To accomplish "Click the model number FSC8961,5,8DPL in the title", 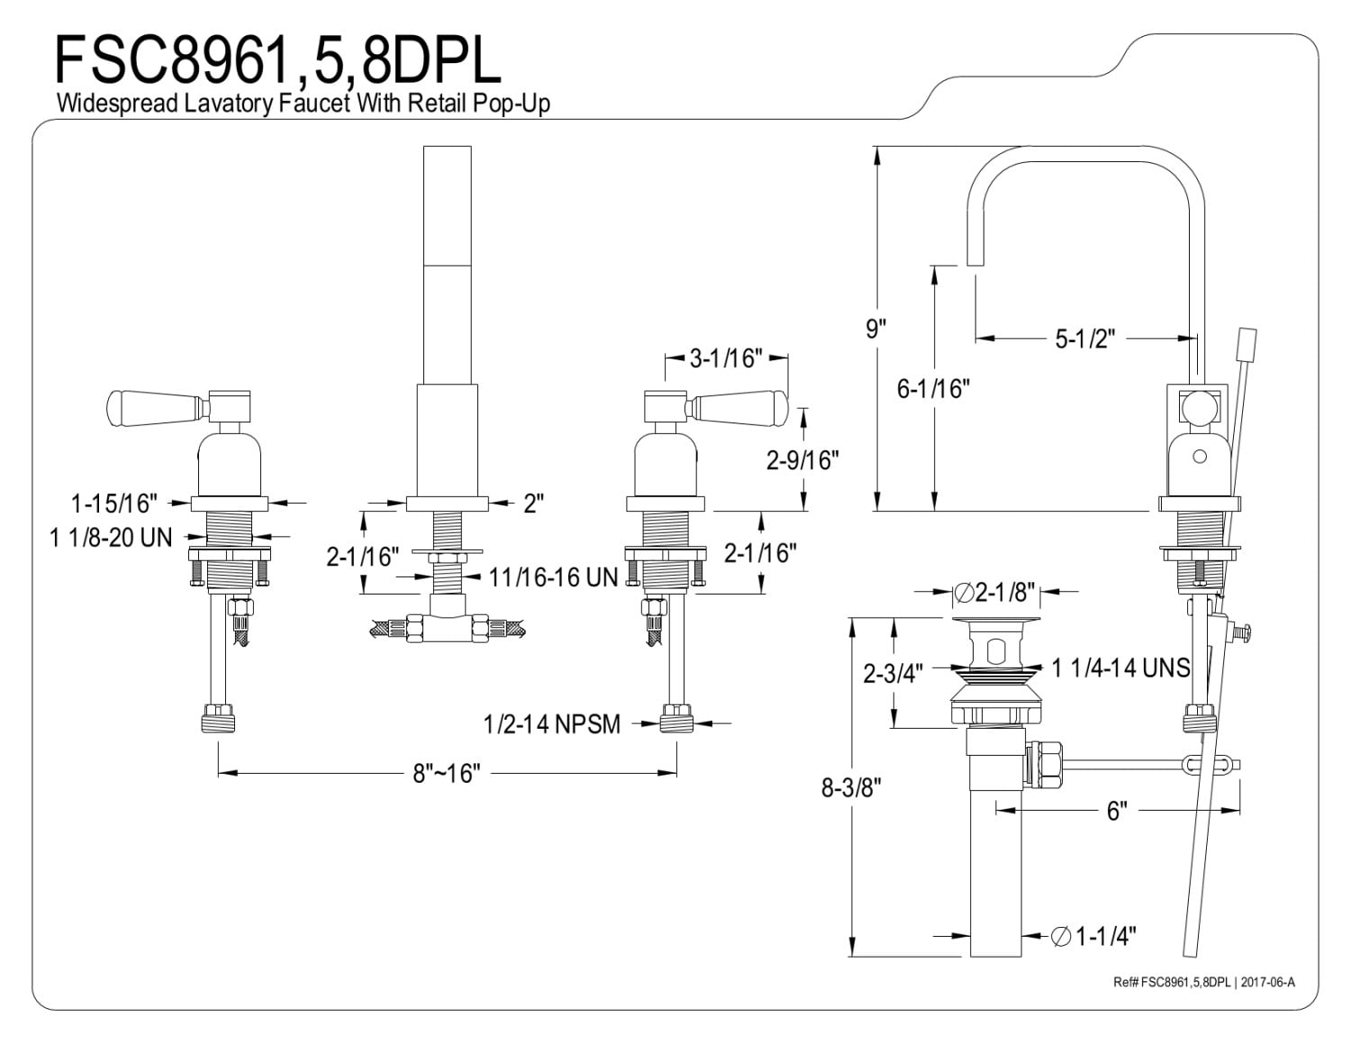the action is (278, 59).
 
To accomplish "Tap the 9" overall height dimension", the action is (876, 328).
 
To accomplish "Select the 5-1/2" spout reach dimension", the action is (1085, 339).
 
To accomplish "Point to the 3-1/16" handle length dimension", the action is (726, 359).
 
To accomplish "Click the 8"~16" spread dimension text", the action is (447, 773).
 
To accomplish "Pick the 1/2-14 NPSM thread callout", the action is (552, 723).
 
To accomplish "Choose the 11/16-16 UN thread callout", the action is (553, 577).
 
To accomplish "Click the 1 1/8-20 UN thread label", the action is (111, 537).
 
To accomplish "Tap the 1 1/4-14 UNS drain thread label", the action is (1121, 667).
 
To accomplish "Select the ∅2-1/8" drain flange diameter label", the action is (994, 593).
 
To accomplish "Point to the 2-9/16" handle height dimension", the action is (802, 460).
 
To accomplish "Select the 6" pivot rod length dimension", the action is (1117, 811).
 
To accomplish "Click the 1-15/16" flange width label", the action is (113, 503).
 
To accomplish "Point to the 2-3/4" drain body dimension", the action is (893, 673).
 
